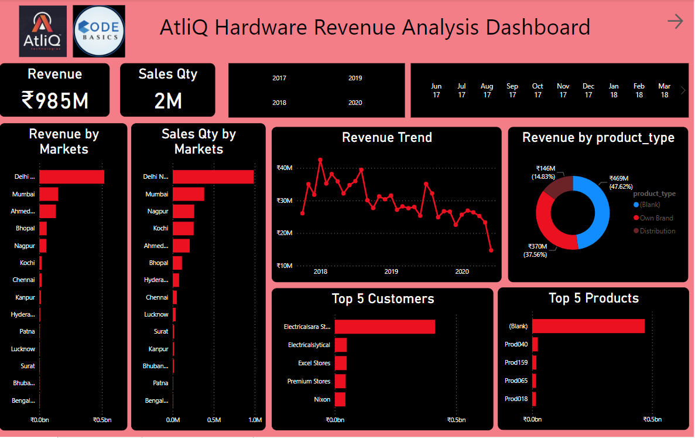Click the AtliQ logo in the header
click(42, 31)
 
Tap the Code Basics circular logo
click(99, 31)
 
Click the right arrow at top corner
click(675, 22)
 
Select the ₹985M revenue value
click(55, 100)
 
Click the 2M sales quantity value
click(168, 101)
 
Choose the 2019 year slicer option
click(355, 78)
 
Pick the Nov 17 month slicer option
click(563, 90)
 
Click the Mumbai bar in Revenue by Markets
click(49, 194)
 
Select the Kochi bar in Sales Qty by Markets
click(183, 228)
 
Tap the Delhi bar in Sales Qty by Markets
click(213, 176)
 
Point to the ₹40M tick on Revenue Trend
click(285, 168)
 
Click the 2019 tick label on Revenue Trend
click(391, 272)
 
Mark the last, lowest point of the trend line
click(491, 250)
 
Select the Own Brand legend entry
click(656, 218)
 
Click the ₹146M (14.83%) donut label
click(543, 172)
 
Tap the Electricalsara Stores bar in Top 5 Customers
click(385, 327)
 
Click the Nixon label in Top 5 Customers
click(322, 399)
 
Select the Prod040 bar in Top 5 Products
click(535, 344)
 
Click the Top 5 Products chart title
click(594, 298)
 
